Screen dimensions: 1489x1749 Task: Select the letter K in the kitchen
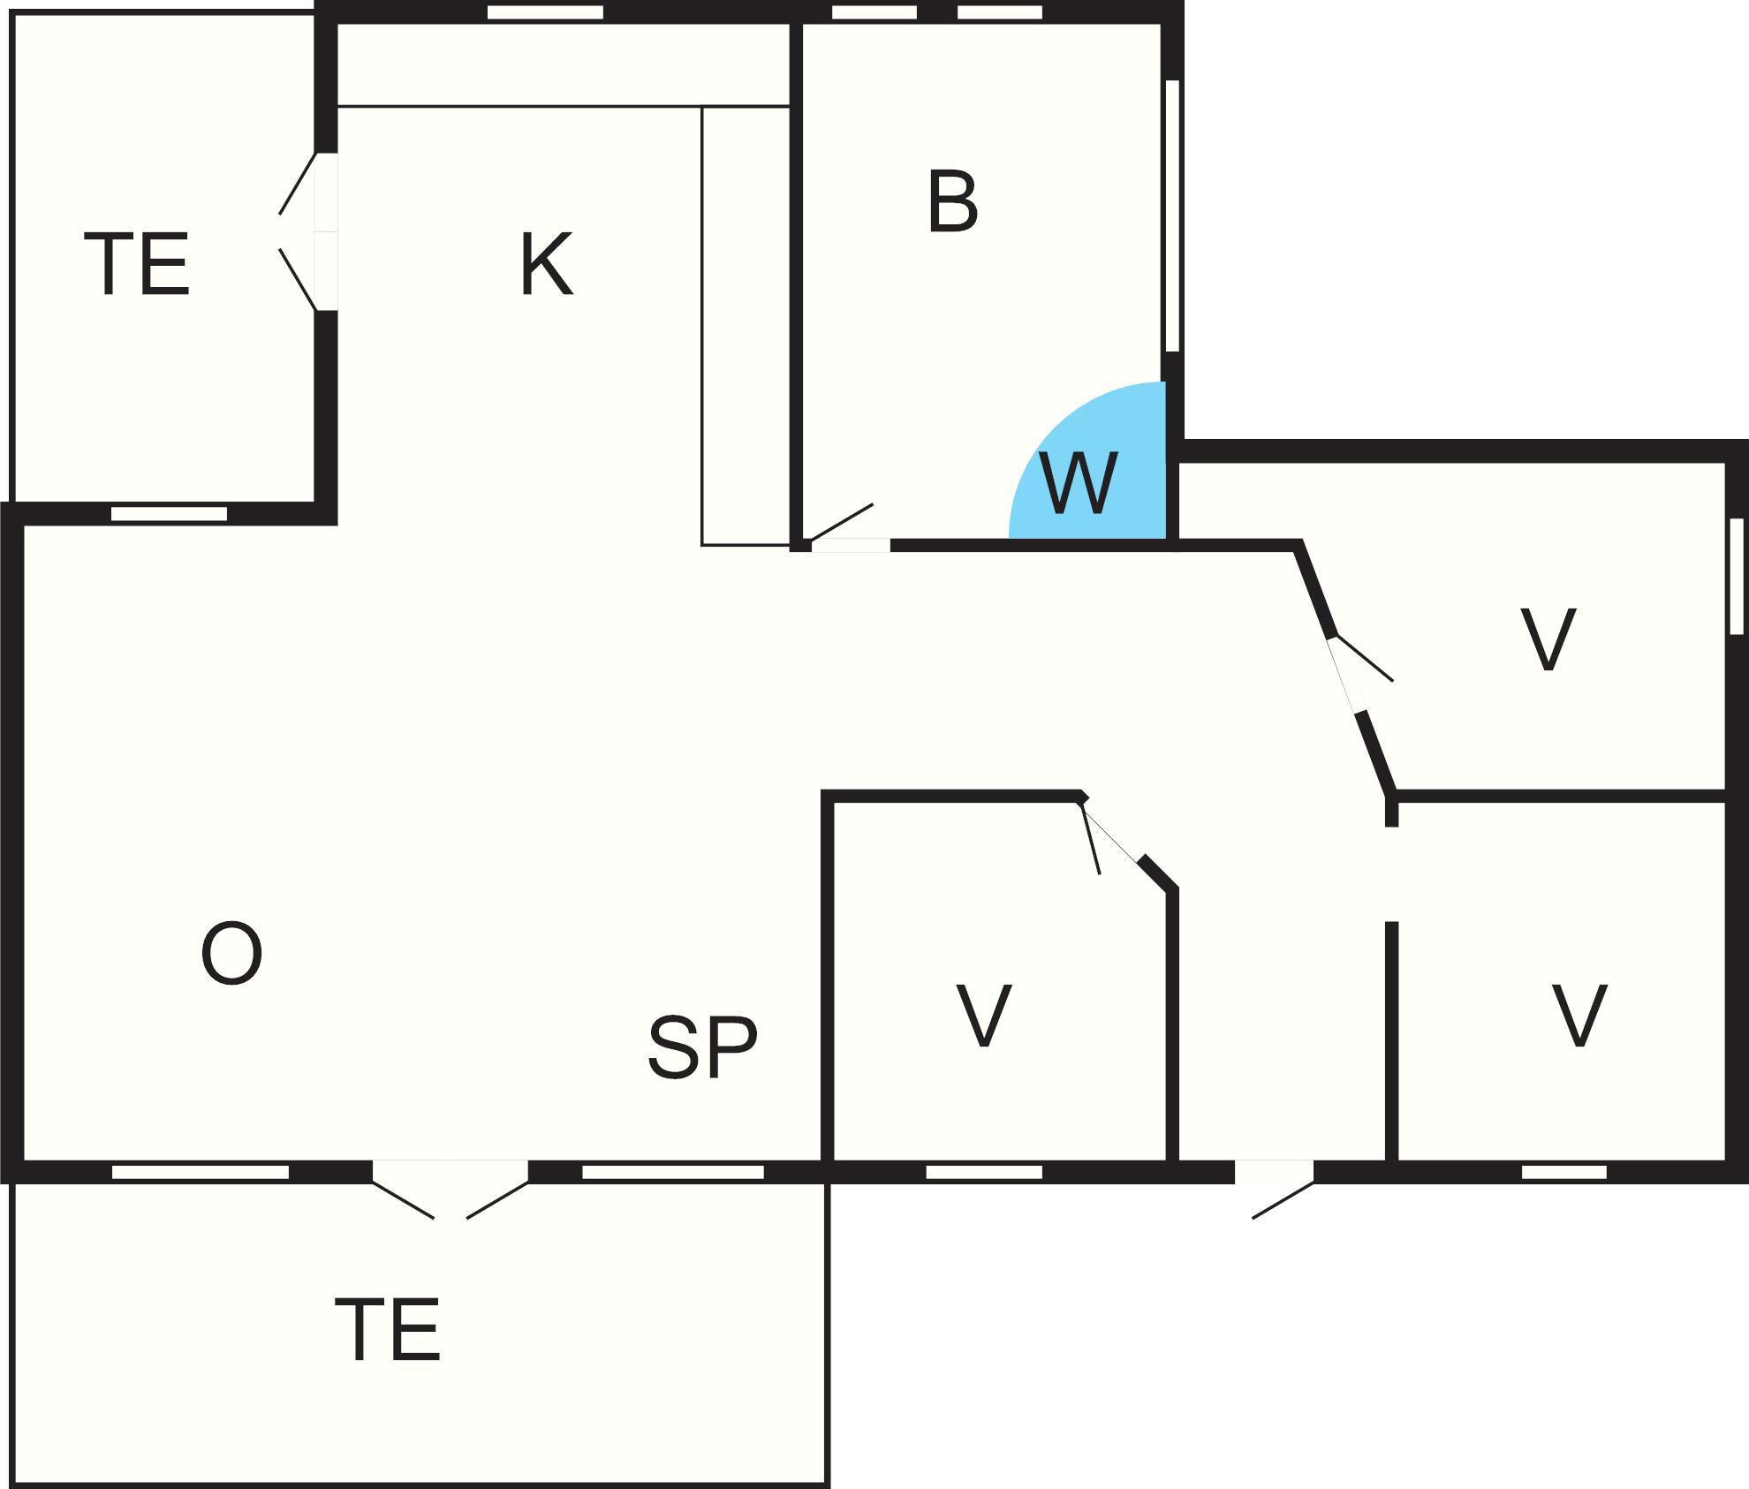coord(546,264)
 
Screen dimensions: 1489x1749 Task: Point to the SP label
coord(702,1047)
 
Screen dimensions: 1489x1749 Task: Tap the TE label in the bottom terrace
coord(388,1330)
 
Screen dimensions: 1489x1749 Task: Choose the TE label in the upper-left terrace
coord(137,264)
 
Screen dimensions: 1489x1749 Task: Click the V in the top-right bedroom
coord(1548,639)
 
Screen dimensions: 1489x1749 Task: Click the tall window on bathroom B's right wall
coord(1173,216)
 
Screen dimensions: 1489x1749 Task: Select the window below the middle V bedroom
coord(984,1172)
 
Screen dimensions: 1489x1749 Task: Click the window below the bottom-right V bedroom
coord(1563,1172)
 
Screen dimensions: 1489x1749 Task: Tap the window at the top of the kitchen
coord(545,12)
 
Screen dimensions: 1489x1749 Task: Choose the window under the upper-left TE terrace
coord(169,513)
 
